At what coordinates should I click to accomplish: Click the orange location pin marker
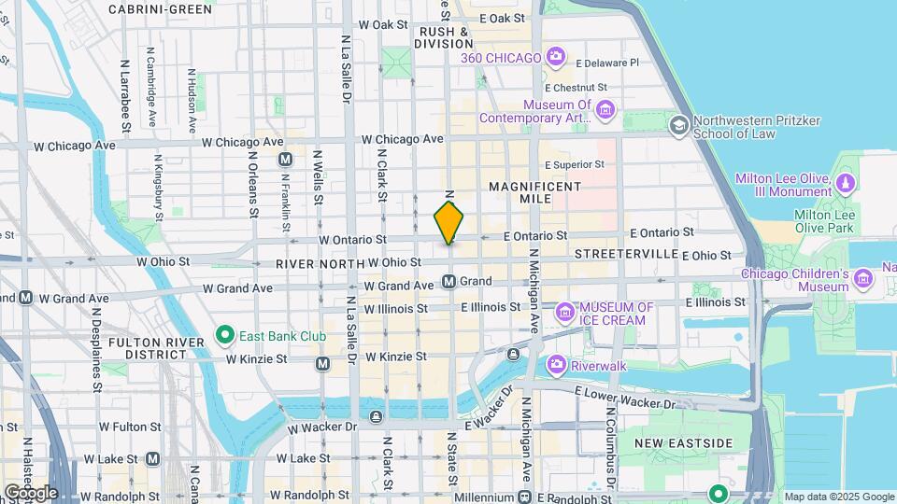[449, 222]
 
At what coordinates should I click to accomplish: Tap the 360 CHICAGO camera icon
[555, 58]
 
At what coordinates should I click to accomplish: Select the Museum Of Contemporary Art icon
[605, 112]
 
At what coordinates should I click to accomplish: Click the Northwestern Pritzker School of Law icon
[679, 123]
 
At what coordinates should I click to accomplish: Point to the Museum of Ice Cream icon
[564, 312]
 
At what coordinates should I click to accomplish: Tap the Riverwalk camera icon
[557, 363]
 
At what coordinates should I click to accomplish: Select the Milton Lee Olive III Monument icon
[846, 180]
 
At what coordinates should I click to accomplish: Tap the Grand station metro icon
[449, 281]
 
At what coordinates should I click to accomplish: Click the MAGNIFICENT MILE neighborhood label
[535, 194]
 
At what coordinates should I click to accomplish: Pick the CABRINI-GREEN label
[160, 9]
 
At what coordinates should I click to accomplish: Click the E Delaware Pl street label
[607, 63]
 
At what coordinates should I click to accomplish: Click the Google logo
[31, 492]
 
